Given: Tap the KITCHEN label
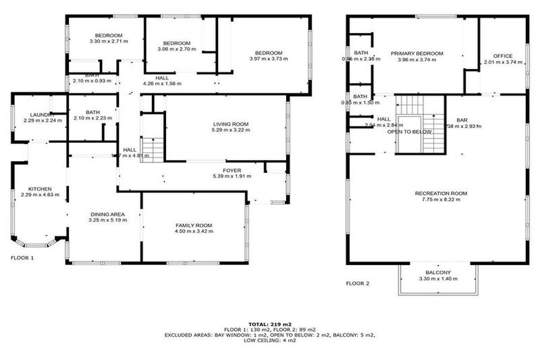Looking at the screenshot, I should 39,188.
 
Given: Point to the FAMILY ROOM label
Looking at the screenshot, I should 193,225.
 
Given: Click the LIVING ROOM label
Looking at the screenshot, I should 231,124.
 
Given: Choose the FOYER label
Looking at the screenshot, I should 232,169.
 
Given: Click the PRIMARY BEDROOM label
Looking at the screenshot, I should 420,53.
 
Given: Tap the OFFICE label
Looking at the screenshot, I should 503,56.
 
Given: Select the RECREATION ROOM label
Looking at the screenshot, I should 441,193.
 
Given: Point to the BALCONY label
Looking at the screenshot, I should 438,273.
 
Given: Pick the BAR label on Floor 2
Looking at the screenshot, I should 461,120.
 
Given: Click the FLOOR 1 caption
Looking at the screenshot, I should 22,258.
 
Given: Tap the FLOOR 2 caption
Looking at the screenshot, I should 357,283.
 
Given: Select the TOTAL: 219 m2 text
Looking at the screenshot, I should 269,323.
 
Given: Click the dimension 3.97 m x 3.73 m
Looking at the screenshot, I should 269,59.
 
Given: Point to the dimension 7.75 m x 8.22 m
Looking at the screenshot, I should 441,200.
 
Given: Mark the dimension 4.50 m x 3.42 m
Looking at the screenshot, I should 193,231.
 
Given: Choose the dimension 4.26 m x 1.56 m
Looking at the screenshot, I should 162,84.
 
